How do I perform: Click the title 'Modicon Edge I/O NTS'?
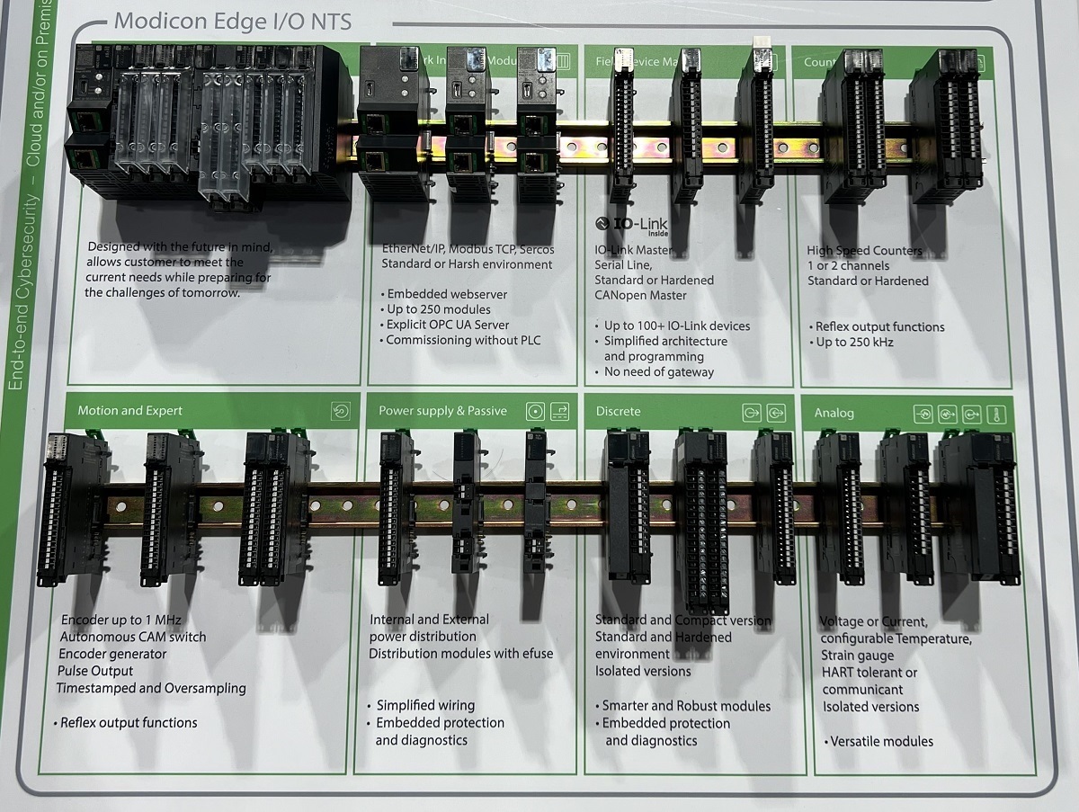tap(233, 21)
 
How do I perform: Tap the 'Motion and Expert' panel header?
tap(129, 411)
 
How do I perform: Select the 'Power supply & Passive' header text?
tap(442, 411)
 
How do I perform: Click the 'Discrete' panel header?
tap(619, 412)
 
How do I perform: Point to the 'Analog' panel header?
tap(834, 414)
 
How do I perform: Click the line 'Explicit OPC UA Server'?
tap(447, 325)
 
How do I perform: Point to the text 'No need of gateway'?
tap(658, 371)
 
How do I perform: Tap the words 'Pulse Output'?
tap(94, 671)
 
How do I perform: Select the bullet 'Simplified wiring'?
tap(424, 706)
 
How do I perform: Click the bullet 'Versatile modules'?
tap(878, 742)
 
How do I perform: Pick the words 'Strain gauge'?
tap(858, 656)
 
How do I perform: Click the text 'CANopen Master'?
tap(640, 295)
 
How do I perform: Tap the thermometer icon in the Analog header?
tap(994, 415)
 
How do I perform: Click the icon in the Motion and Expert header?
tap(340, 411)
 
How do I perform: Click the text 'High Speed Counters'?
tap(864, 251)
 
